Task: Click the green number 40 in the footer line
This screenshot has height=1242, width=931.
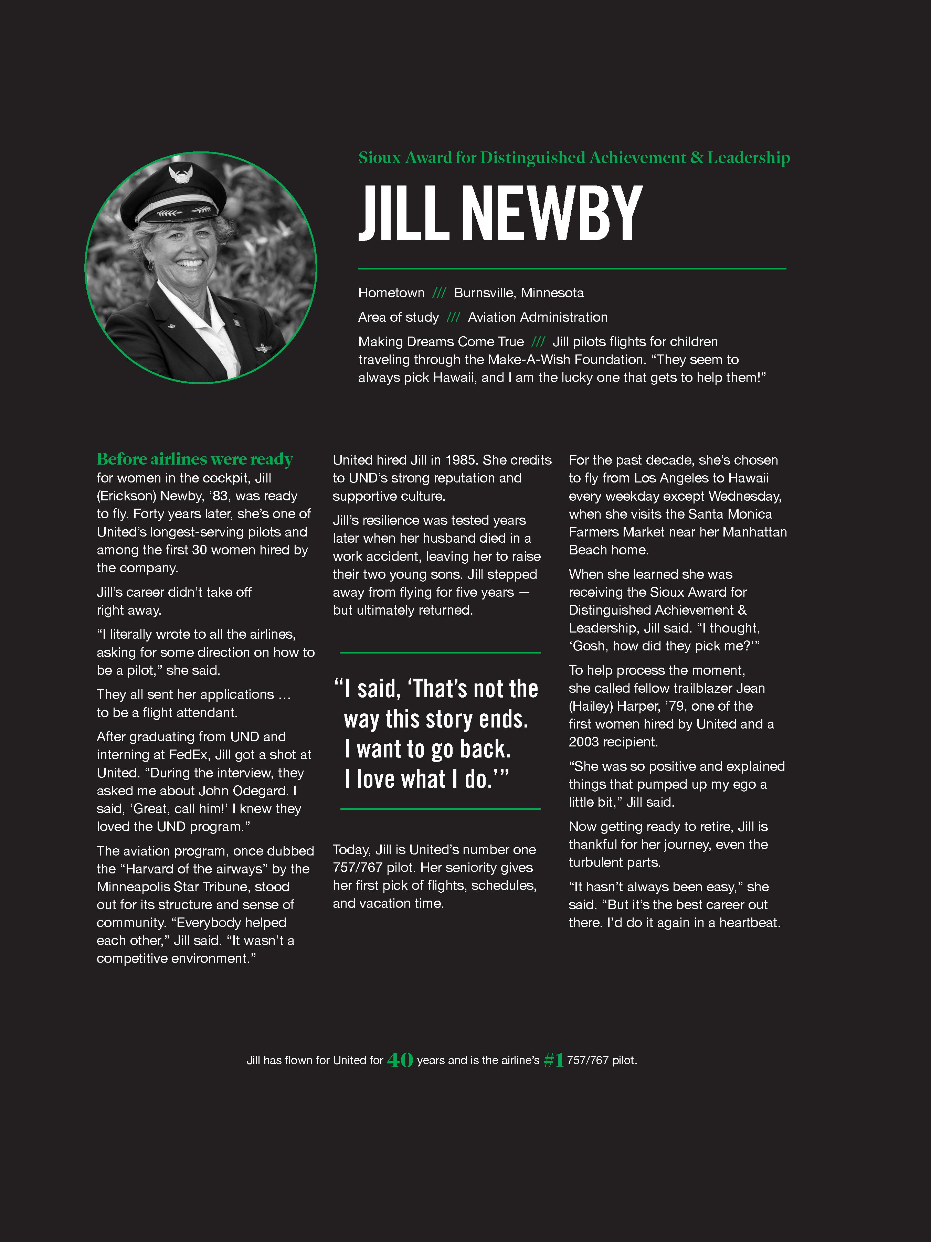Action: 400,1060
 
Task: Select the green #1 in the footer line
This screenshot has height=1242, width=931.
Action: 554,1060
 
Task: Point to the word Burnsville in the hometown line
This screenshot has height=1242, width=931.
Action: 485,293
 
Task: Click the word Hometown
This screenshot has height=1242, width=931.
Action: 391,293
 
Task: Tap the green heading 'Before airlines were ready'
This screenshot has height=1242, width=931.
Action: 195,459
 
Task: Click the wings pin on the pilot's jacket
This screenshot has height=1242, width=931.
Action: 263,349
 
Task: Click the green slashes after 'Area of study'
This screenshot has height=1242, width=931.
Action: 453,318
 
